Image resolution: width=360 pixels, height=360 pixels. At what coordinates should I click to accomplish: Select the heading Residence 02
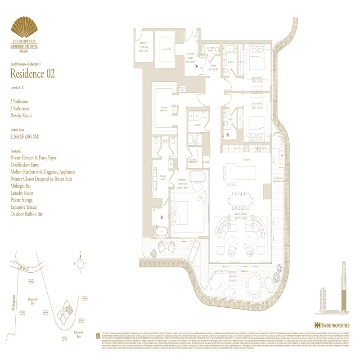coord(32,74)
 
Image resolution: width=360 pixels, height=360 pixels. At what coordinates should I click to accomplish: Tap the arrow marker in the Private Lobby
coord(196,65)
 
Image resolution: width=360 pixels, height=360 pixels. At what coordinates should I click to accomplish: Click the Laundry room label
coord(197,125)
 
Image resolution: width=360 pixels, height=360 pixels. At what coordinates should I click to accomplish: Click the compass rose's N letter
coord(79,252)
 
